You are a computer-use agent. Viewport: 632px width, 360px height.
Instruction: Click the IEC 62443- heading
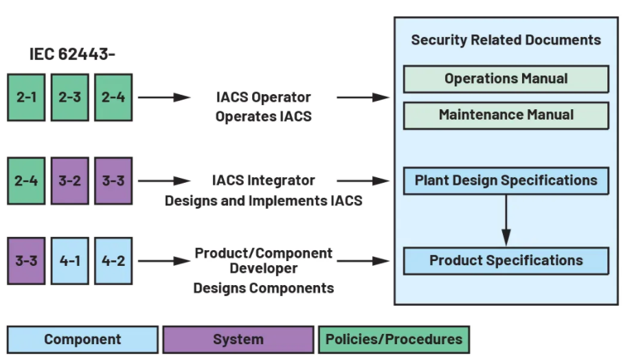pyautogui.click(x=72, y=54)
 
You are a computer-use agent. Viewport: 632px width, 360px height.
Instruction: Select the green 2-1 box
pyautogui.click(x=27, y=97)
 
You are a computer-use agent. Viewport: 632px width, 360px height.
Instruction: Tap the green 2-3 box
pyautogui.click(x=70, y=97)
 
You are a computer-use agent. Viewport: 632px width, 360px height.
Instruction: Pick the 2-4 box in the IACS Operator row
pyautogui.click(x=113, y=97)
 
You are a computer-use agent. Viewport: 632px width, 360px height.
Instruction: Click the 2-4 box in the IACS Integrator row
pyautogui.click(x=27, y=181)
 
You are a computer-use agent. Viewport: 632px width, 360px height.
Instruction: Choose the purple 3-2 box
pyautogui.click(x=70, y=181)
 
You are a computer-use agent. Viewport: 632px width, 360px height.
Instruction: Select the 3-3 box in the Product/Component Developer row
pyautogui.click(x=27, y=260)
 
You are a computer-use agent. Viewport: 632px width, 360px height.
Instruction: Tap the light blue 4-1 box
pyautogui.click(x=70, y=260)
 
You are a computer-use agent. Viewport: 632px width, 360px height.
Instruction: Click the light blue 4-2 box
pyautogui.click(x=113, y=260)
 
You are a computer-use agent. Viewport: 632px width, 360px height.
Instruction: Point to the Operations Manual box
pyautogui.click(x=506, y=79)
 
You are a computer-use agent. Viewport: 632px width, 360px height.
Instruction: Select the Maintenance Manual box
pyautogui.click(x=506, y=115)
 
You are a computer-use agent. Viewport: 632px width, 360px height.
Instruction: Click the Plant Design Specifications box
pyautogui.click(x=506, y=181)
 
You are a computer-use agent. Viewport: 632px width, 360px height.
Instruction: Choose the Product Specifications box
pyautogui.click(x=506, y=261)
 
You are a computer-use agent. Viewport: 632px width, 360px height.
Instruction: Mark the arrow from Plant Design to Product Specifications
pyautogui.click(x=506, y=221)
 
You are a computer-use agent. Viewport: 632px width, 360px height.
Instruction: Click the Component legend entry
pyautogui.click(x=82, y=339)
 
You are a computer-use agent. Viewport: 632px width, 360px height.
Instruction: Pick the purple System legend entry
pyautogui.click(x=238, y=339)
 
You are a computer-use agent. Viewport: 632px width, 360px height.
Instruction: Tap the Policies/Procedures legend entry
pyautogui.click(x=394, y=339)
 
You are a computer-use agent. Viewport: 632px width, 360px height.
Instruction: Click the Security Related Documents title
pyautogui.click(x=506, y=40)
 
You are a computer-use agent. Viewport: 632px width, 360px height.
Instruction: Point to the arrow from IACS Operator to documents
pyautogui.click(x=363, y=98)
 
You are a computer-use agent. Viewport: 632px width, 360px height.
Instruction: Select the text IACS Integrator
pyautogui.click(x=263, y=181)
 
